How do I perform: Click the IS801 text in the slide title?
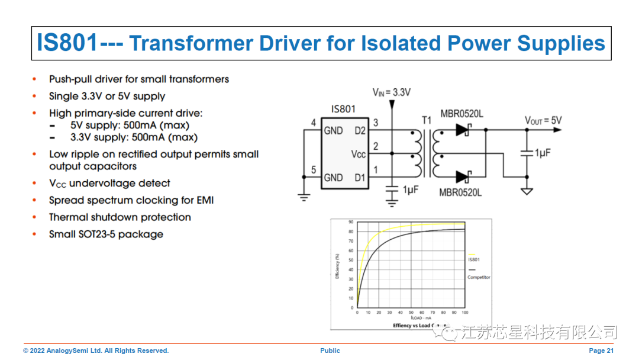coord(66,43)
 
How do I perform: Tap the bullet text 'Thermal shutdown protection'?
coord(120,217)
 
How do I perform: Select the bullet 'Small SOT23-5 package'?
coord(106,234)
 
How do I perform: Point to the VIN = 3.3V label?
coord(391,92)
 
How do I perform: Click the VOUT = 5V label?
coord(543,121)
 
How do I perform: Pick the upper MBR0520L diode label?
coord(461,114)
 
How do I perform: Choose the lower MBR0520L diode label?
coord(460,192)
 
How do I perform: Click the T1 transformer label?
coord(427,121)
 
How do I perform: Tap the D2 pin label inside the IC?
coord(360,130)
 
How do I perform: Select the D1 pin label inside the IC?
coord(360,177)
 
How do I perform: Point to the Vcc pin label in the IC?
coord(359,154)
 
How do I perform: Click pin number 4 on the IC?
coord(314,123)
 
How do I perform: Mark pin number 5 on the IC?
coord(314,171)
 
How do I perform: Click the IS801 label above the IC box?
coord(343,109)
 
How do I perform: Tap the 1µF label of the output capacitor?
coord(543,153)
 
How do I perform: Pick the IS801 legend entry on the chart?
coord(473,259)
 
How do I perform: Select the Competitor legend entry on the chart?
coord(479,277)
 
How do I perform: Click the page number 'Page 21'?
coord(601,351)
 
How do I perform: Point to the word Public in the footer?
coord(330,351)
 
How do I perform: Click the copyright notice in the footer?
coord(96,351)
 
